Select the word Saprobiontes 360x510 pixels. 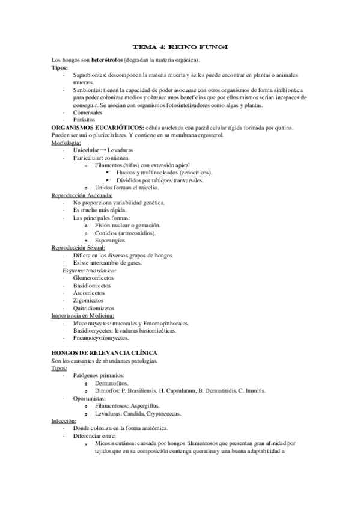pyautogui.click(x=89, y=75)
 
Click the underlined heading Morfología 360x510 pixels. pyautogui.click(x=67, y=143)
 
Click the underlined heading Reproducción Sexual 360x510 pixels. pyautogui.click(x=78, y=247)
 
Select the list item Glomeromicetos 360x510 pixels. pyautogui.click(x=95, y=279)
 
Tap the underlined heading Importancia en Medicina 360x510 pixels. pyautogui.click(x=83, y=315)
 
